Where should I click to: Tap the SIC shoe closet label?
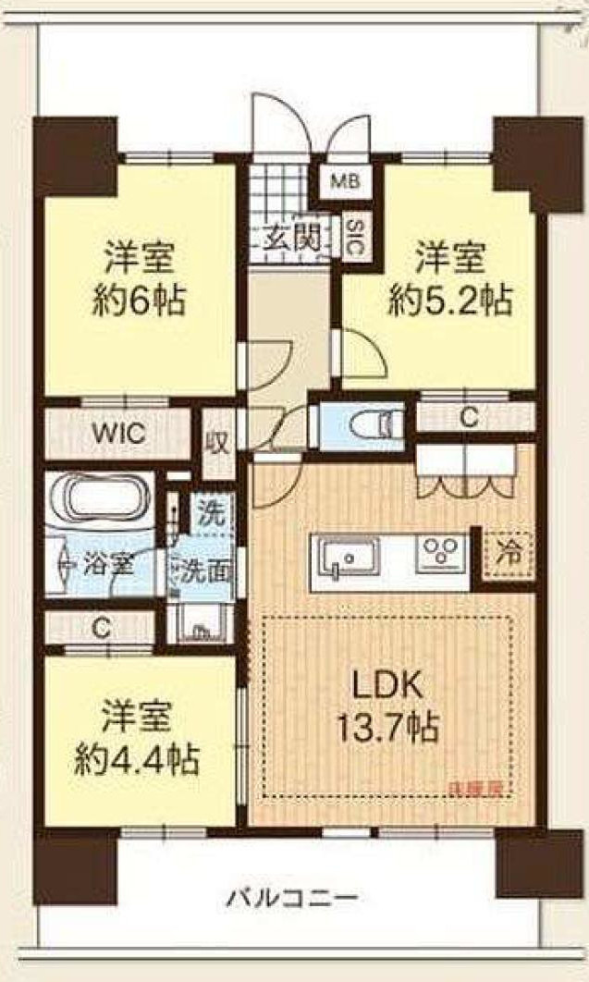tap(353, 237)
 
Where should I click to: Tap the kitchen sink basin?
tap(347, 558)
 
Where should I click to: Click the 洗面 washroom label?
tap(202, 571)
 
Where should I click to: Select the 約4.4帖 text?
tap(135, 759)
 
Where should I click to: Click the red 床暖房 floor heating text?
tap(475, 789)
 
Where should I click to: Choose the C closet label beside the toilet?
tap(469, 417)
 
